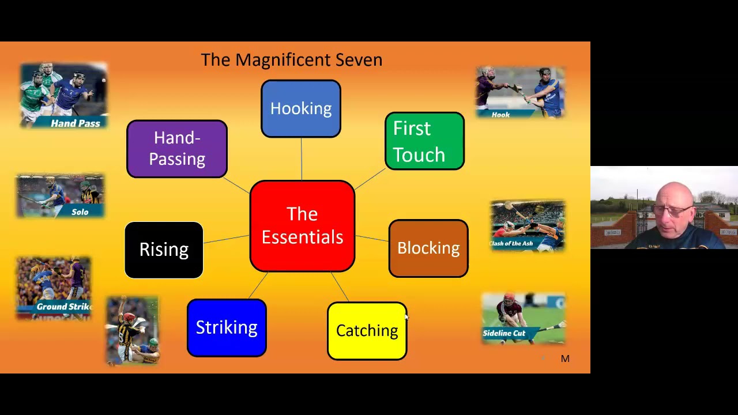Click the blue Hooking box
pos(301,109)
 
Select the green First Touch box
pos(425,141)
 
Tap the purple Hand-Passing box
pos(177,149)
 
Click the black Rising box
pos(164,250)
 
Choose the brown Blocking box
pos(428,248)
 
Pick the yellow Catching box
pos(367,331)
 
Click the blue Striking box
pos(227,328)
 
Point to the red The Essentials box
pos(302,226)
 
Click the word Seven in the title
pos(359,60)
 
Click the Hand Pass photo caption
pos(76,123)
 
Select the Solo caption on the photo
pos(80,212)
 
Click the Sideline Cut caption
pos(504,333)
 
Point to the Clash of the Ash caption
pos(511,243)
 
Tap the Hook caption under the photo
pos(500,115)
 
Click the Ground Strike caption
pos(63,307)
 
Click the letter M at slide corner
pos(565,359)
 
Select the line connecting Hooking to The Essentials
pos(302,159)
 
